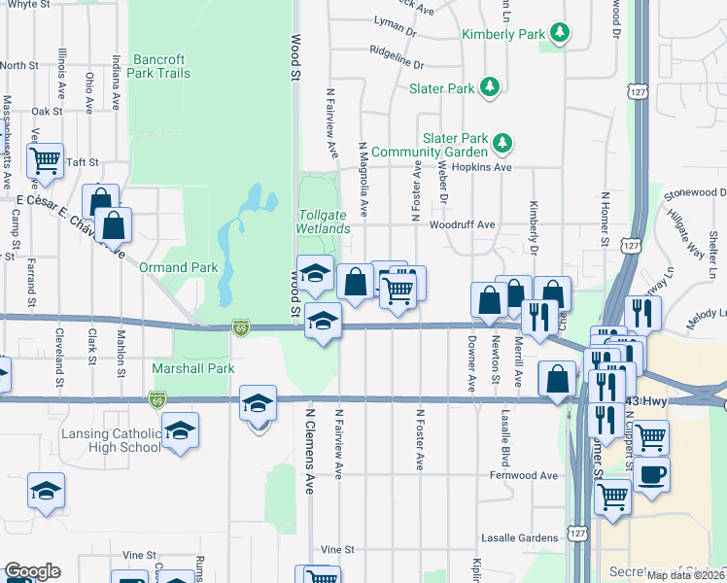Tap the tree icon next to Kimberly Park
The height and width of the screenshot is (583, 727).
point(560,34)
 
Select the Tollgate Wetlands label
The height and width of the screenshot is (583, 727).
point(323,221)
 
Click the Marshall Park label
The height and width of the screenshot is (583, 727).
point(193,369)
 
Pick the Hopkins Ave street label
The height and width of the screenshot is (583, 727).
point(488,167)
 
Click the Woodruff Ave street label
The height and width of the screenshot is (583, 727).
point(467,224)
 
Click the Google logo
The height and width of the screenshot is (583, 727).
point(32,571)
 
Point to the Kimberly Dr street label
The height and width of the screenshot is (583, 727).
point(534,223)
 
